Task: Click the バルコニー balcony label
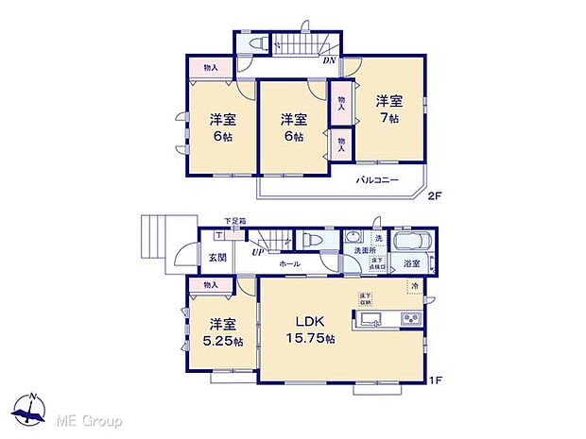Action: click(x=376, y=179)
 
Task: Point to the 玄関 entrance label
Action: click(x=216, y=257)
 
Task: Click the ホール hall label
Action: click(x=289, y=263)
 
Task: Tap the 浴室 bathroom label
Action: click(x=411, y=263)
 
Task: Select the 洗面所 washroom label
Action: click(x=357, y=250)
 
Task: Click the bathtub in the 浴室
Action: click(x=411, y=243)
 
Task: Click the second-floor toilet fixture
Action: click(x=258, y=44)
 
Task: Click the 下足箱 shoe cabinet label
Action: click(x=234, y=221)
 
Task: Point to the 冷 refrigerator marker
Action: click(x=414, y=285)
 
